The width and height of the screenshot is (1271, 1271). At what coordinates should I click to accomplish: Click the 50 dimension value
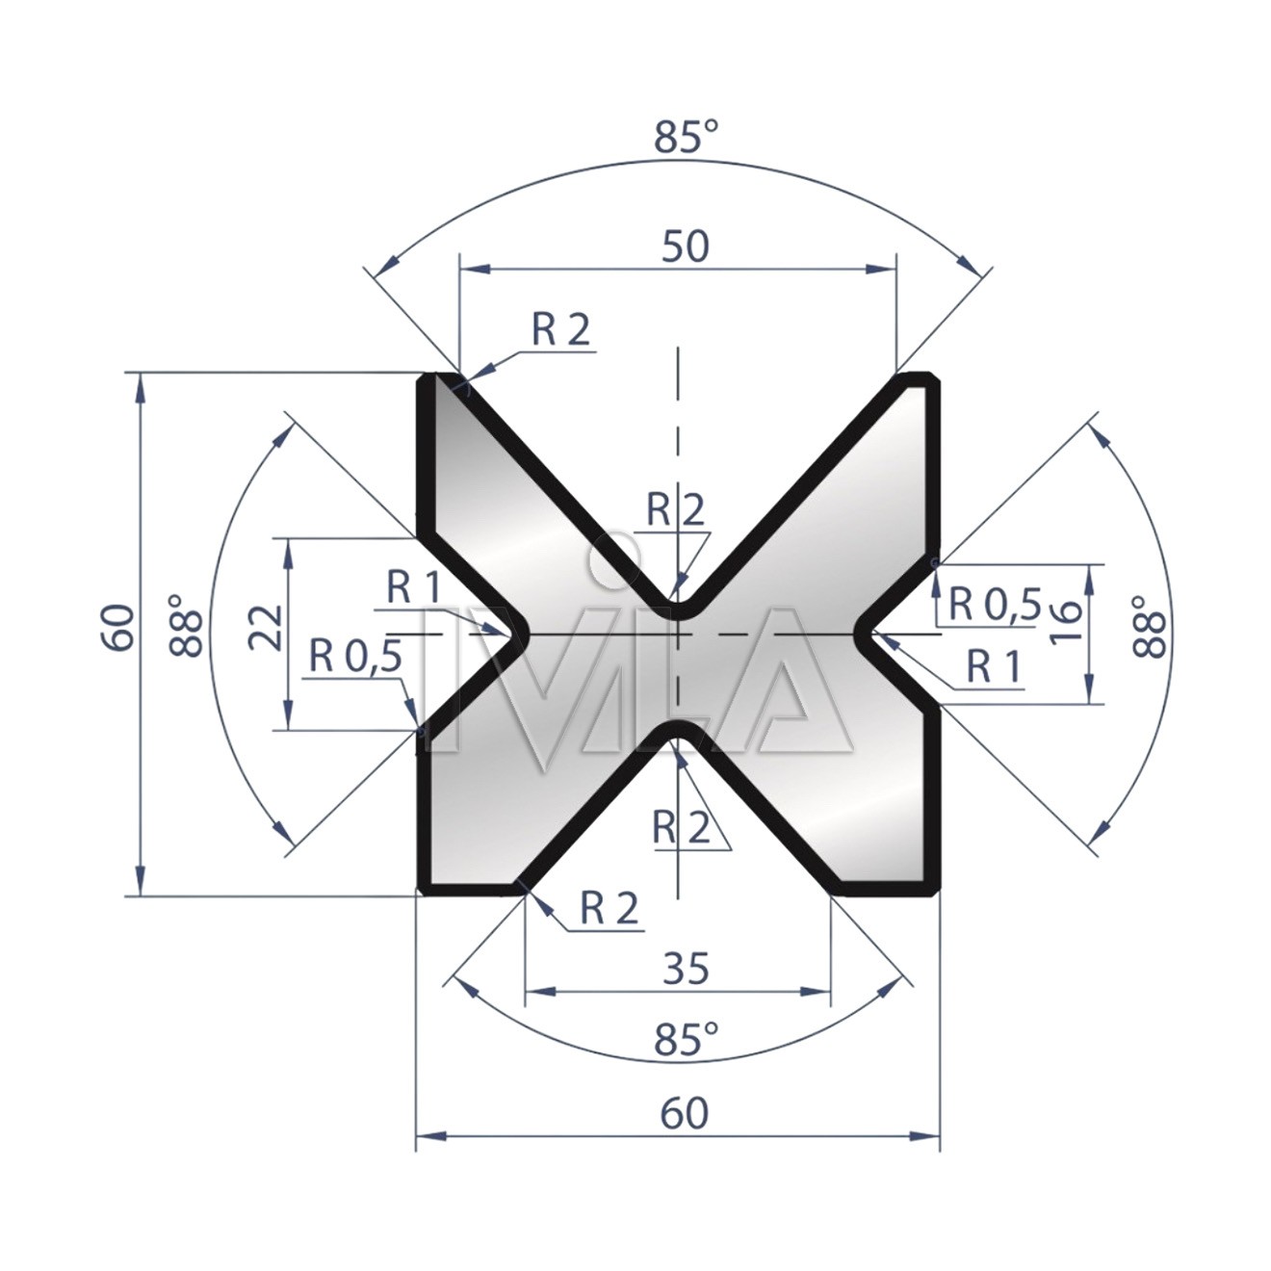(686, 246)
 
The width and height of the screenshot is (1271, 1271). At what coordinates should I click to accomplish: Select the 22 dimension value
(267, 627)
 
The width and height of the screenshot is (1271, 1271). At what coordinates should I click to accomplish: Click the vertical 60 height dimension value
(119, 627)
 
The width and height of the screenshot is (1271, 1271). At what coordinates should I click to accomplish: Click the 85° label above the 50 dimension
(686, 138)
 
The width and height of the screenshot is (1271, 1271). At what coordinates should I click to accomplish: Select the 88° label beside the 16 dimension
(1149, 626)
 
